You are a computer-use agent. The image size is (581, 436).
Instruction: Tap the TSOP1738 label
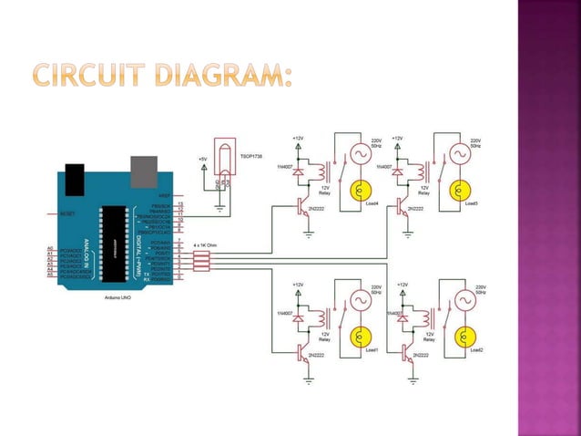tap(252, 156)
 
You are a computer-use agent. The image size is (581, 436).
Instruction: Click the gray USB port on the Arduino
tap(142, 169)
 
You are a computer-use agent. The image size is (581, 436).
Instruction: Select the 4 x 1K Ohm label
tap(204, 245)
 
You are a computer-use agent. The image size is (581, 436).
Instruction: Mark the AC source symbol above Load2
tap(460, 301)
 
